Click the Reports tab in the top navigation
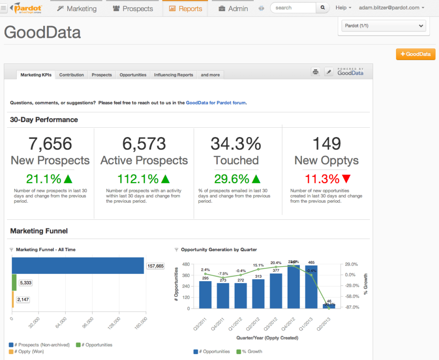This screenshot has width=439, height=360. click(185, 9)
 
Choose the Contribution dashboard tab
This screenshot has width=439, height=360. click(72, 75)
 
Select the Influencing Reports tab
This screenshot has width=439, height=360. click(174, 75)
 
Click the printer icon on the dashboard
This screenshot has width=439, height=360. click(316, 72)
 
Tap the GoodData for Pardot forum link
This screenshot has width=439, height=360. click(216, 103)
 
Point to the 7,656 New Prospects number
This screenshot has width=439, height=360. click(50, 144)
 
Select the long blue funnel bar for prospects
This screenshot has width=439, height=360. click(78, 265)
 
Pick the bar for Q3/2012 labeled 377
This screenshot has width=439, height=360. click(276, 291)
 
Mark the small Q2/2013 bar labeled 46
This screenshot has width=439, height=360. click(329, 306)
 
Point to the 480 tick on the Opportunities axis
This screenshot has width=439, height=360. click(186, 264)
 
